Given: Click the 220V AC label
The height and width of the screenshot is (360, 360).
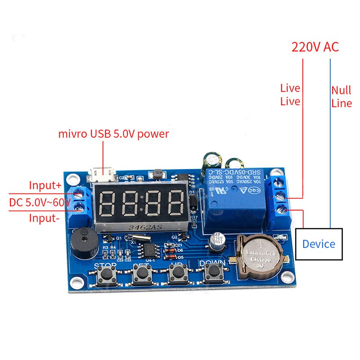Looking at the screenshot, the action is tap(315, 47).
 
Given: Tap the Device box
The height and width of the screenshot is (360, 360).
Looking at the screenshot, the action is tap(319, 244).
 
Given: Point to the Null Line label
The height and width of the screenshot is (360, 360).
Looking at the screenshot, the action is tap(341, 96).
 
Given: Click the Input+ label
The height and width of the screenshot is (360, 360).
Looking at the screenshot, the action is tap(45, 185).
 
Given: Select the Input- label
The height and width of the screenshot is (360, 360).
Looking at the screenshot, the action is tap(44, 218).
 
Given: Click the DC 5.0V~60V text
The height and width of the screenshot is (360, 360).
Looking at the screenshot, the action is tap(40, 202).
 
